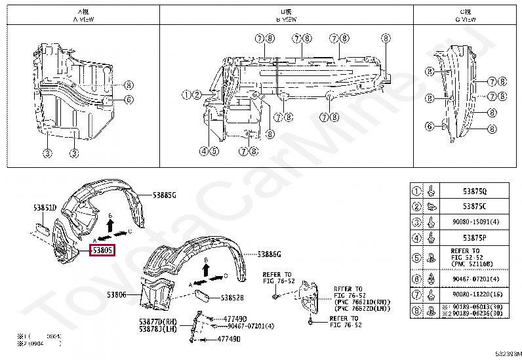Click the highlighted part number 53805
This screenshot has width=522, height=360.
tap(102, 250)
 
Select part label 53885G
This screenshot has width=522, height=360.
tap(165, 195)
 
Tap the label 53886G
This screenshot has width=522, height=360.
tap(269, 254)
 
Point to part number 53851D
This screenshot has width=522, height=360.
tap(45, 208)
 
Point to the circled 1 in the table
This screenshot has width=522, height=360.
tap(416, 191)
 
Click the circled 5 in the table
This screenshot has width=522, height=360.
tap(416, 257)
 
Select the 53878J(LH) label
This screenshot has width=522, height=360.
tap(158, 329)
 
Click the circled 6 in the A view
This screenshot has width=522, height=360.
tap(129, 100)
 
